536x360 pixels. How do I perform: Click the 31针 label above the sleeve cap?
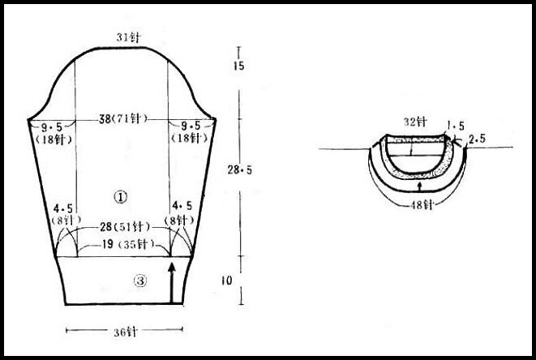point(128,37)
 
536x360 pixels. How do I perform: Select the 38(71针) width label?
point(123,118)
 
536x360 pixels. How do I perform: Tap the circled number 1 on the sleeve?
point(120,197)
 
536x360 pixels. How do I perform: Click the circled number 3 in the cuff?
point(140,281)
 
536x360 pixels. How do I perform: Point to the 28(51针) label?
point(125,227)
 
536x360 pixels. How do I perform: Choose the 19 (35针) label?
point(128,244)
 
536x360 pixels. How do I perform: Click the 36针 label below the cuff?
point(126,332)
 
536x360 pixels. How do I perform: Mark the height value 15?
point(239,66)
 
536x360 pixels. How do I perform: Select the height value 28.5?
point(240,169)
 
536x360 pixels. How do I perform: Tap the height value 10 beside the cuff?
point(226,281)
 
